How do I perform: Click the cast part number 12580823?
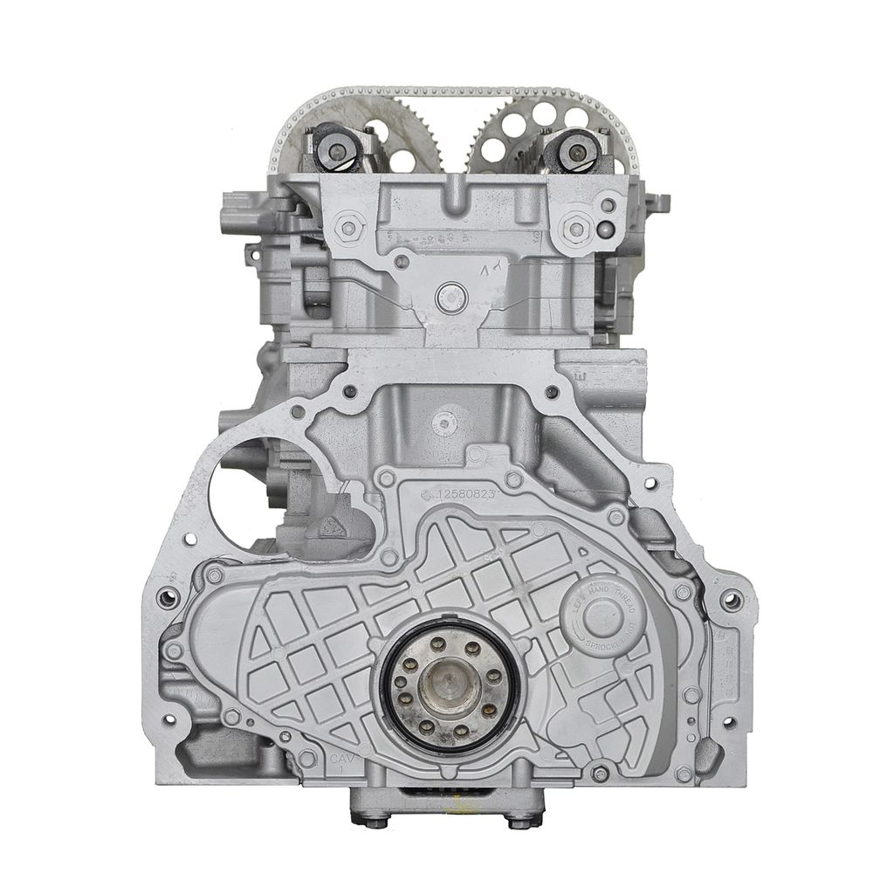click(463, 495)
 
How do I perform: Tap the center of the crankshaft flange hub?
click(448, 683)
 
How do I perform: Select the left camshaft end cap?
click(337, 150)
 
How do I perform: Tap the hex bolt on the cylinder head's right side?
click(575, 230)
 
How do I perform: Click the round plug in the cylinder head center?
click(450, 298)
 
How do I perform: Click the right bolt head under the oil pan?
click(519, 821)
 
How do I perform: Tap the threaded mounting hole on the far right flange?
click(732, 600)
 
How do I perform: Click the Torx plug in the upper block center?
click(445, 423)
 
